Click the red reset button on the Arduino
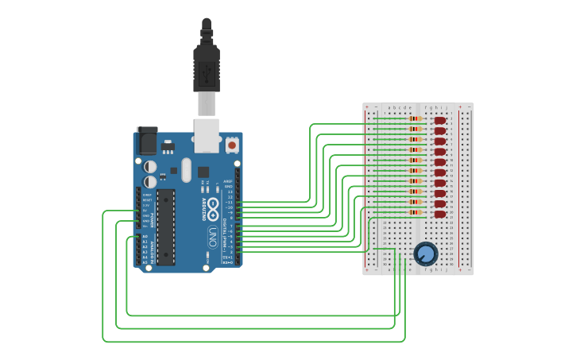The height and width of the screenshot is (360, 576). (231, 145)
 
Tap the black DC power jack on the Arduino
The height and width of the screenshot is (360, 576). (147, 141)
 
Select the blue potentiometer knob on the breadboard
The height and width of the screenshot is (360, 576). (426, 254)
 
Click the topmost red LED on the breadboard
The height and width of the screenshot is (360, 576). (440, 121)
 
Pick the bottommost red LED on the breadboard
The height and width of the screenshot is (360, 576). (440, 214)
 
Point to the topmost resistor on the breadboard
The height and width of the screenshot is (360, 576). (416, 119)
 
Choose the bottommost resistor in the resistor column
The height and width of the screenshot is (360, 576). (416, 212)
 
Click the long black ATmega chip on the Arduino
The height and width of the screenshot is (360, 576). (165, 226)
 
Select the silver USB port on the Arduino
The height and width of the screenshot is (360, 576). (207, 134)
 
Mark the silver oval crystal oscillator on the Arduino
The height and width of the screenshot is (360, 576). (186, 169)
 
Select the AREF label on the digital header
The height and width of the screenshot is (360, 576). (229, 181)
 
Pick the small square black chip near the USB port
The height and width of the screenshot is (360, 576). (203, 172)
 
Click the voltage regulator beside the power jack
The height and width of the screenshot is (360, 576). (168, 146)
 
